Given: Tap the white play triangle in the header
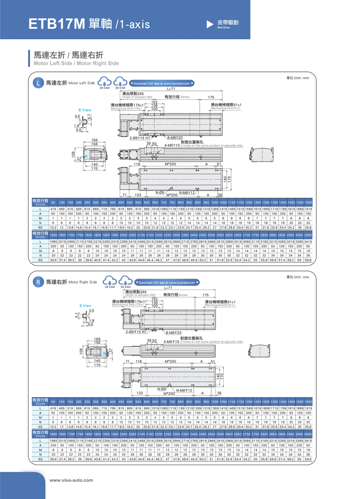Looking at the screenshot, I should point(209,24).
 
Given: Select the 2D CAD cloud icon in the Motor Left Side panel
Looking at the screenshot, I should point(104,82).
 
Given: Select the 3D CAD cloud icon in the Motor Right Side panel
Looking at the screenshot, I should point(120,281).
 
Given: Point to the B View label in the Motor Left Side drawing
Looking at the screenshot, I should point(85,110).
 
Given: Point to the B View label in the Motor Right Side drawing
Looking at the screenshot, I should point(86,306).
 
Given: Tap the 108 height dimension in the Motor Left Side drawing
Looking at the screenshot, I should point(73,153).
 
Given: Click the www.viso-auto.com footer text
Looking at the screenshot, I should point(68,480).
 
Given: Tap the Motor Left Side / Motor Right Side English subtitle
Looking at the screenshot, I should point(76,63).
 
